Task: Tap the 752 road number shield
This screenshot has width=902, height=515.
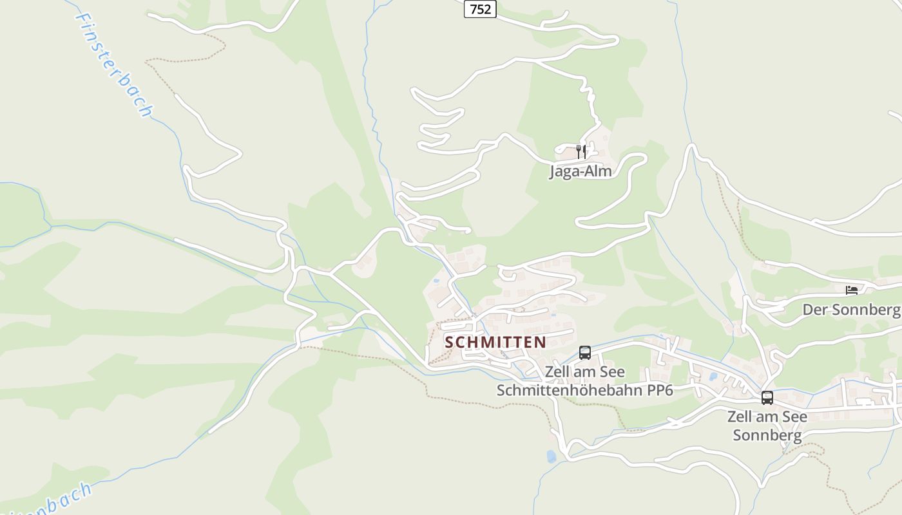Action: point(480,9)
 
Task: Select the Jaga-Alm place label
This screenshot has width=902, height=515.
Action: point(581,171)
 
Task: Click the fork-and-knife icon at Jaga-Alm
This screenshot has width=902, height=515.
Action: point(581,152)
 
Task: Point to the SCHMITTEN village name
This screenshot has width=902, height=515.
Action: point(495,342)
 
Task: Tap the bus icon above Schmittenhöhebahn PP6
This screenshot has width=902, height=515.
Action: point(585,353)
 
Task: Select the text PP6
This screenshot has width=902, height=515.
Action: point(651,390)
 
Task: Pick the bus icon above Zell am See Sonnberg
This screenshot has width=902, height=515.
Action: point(767,398)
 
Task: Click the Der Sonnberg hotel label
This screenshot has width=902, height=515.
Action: point(850,310)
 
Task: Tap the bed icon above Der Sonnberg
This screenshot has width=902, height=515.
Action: point(852,290)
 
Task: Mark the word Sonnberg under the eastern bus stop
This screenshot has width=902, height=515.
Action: point(767,435)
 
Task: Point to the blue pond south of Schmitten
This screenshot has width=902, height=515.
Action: point(551,456)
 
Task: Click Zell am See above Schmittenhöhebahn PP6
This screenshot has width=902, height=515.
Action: point(584,372)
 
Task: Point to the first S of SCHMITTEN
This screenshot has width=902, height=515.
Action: point(450,342)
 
